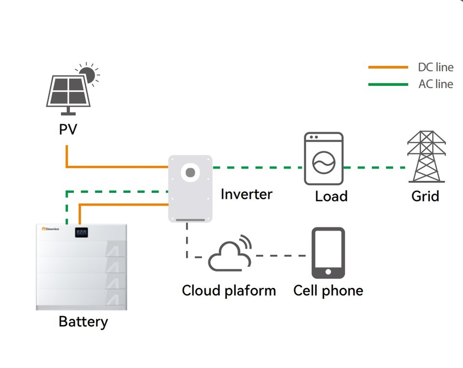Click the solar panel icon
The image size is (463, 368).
(68, 93)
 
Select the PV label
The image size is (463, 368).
(67, 129)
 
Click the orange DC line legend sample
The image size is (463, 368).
(388, 68)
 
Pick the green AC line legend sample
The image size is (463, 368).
(388, 84)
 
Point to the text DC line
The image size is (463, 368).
(436, 68)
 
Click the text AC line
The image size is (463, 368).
(436, 84)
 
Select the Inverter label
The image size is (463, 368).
(246, 194)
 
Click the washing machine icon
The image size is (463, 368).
(324, 159)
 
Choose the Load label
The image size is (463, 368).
(331, 196)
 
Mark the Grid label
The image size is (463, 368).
(425, 196)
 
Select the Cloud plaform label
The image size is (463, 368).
(229, 290)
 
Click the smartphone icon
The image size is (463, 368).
(328, 253)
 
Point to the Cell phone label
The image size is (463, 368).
(328, 290)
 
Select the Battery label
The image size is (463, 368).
(83, 321)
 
